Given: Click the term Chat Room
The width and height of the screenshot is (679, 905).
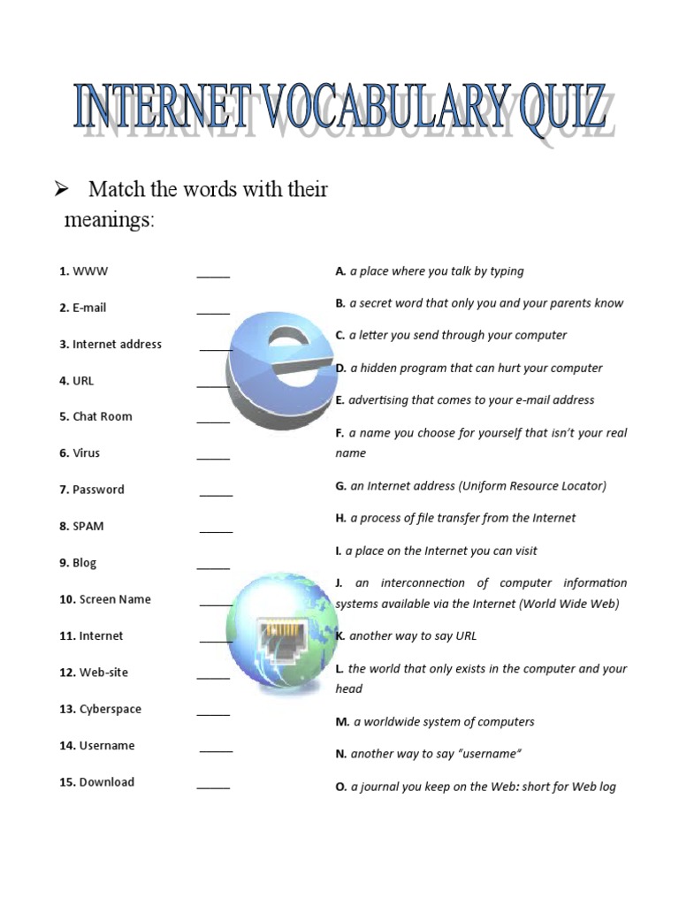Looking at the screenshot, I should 102,416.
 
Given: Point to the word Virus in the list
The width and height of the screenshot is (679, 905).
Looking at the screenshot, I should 86,453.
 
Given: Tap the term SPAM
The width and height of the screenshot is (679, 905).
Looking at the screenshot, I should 88,526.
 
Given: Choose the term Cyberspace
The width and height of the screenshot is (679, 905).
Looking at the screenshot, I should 110,709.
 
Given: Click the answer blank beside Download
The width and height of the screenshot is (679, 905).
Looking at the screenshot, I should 213,786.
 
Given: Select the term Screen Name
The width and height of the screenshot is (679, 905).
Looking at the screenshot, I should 115,599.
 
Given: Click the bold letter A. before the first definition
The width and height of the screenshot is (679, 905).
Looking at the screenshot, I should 340,271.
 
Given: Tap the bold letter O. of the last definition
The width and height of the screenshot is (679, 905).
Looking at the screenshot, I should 341,787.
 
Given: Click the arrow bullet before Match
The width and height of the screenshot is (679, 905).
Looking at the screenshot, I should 63,188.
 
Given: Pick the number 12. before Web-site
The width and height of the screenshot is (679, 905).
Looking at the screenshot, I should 68,673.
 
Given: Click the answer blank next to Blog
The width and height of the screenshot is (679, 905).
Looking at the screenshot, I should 213,567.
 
